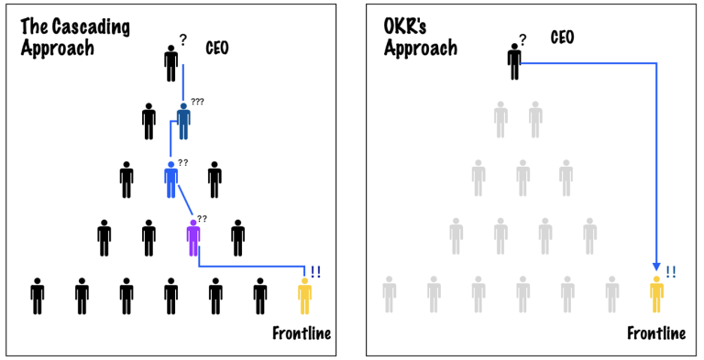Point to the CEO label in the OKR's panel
pyautogui.click(x=562, y=38)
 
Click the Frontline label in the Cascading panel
pyautogui.click(x=302, y=333)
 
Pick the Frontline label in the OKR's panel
pyautogui.click(x=656, y=333)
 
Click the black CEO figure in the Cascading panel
pyautogui.click(x=171, y=63)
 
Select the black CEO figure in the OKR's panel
pyautogui.click(x=514, y=60)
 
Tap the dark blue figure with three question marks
pyautogui.click(x=183, y=120)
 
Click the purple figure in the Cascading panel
pyautogui.click(x=192, y=237)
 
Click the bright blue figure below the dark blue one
pyautogui.click(x=170, y=179)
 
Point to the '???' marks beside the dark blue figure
pyautogui.click(x=197, y=102)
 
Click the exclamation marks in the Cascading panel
pyautogui.click(x=315, y=271)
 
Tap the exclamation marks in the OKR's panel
pyautogui.click(x=670, y=271)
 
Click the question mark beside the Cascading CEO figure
pyautogui.click(x=183, y=40)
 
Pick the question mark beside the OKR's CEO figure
pyautogui.click(x=522, y=39)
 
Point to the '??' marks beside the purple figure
pyautogui.click(x=202, y=219)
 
